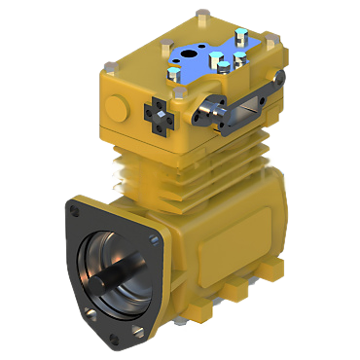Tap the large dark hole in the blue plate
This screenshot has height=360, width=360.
click(189, 49)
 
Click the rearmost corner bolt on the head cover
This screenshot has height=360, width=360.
click(201, 14)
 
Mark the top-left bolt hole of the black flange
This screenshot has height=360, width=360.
click(75, 207)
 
